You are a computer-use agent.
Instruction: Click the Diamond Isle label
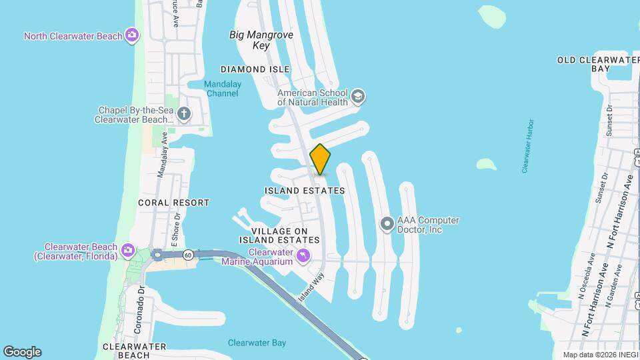click(x=255, y=69)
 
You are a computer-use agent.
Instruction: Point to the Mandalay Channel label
click(x=222, y=89)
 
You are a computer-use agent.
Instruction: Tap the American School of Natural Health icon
click(x=359, y=97)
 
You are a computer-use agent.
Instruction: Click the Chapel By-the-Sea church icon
click(x=183, y=114)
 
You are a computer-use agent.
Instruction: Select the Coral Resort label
click(x=173, y=202)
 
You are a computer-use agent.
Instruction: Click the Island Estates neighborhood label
click(x=305, y=191)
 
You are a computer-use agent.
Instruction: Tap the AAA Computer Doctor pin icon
click(x=387, y=224)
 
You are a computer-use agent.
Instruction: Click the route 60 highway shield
click(x=189, y=254)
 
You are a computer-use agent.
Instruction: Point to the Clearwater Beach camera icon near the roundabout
click(x=128, y=251)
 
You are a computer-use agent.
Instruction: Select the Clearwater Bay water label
click(x=257, y=343)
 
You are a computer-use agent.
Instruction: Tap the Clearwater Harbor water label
click(x=529, y=147)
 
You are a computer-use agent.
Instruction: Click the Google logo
click(x=22, y=351)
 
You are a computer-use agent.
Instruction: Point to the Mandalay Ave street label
click(x=161, y=153)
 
